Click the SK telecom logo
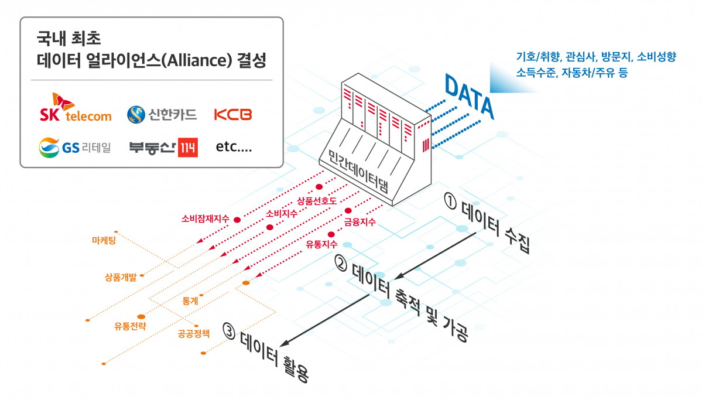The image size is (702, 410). pyautogui.click(x=75, y=108)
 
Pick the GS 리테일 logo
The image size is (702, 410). pyautogui.click(x=74, y=148)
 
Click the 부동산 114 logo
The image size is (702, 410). pyautogui.click(x=163, y=148)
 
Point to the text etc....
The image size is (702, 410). pyautogui.click(x=234, y=148)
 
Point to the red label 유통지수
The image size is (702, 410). pyautogui.click(x=321, y=244)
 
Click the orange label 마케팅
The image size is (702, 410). pyautogui.click(x=104, y=241)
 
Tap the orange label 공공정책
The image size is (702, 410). pyautogui.click(x=197, y=334)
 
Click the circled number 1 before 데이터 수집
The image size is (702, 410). pyautogui.click(x=450, y=201)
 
